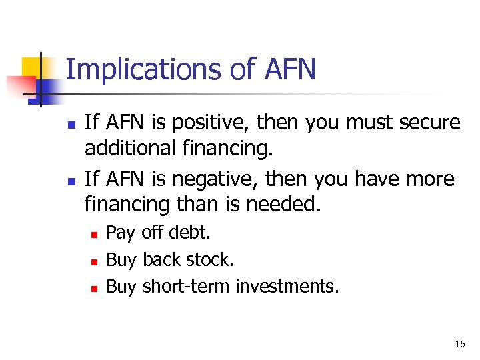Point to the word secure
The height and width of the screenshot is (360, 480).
[427, 123]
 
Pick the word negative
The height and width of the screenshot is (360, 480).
[211, 179]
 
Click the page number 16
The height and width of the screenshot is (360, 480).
[459, 345]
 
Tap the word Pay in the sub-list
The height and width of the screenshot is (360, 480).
[120, 233]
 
